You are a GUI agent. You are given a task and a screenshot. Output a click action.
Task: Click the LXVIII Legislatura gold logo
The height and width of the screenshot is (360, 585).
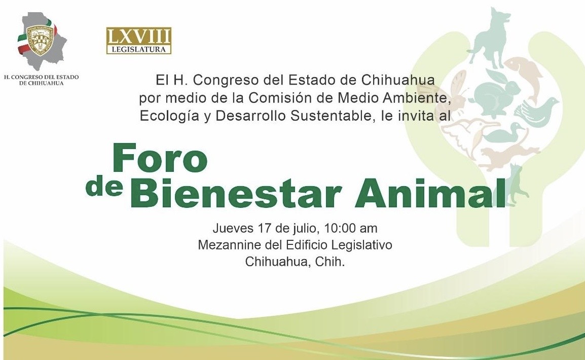139,40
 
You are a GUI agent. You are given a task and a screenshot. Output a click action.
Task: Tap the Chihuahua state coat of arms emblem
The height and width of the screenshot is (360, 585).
39,41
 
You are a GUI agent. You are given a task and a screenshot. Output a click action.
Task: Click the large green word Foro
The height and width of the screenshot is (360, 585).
160,158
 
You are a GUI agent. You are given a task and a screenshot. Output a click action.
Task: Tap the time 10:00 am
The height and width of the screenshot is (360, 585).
351,228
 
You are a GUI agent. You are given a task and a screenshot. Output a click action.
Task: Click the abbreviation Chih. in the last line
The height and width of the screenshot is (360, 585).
330,262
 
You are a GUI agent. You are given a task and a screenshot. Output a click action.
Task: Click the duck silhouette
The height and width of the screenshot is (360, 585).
505,133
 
